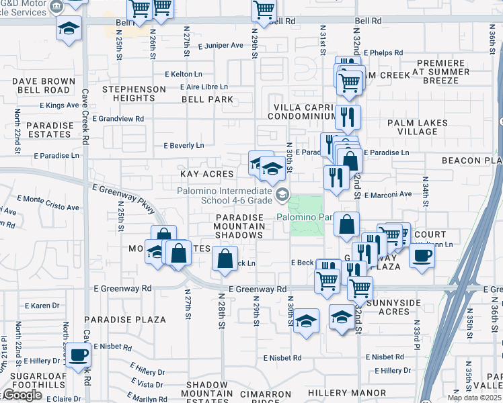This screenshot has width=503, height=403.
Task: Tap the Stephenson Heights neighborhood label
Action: (x=134, y=93)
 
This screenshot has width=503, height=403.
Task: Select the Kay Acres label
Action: (x=206, y=174)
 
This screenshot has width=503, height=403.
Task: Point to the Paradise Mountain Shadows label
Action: (x=239, y=226)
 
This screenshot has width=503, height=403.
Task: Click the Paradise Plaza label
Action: (x=126, y=320)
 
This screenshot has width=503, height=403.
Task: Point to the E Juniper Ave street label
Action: (x=221, y=46)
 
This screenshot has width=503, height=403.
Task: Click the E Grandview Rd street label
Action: (x=118, y=119)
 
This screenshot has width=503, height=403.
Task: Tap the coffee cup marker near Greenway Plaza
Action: (x=423, y=256)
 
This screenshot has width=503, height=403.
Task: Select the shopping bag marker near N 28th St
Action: (x=225, y=258)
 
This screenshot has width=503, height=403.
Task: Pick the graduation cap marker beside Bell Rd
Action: (x=69, y=29)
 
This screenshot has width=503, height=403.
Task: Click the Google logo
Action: (x=22, y=395)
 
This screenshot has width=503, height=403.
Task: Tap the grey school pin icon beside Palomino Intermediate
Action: (x=283, y=195)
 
